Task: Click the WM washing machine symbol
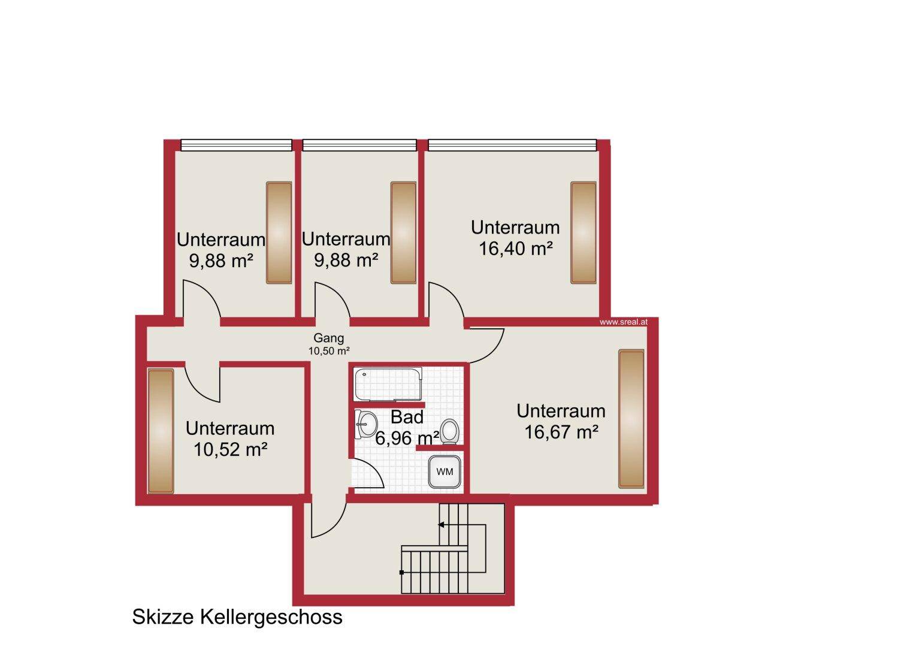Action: coord(445,471)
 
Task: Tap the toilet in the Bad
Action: coord(449,431)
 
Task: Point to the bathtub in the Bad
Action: coord(388,384)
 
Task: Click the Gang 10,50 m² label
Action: coord(329,344)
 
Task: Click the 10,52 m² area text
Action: coord(231,449)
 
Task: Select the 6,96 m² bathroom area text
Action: coord(407,438)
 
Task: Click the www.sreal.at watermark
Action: coord(624,322)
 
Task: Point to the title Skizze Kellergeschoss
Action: coord(237,616)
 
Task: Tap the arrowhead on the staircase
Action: coord(441,525)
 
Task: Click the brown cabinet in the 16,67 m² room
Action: coord(631,419)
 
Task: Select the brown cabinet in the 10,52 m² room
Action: coord(161,431)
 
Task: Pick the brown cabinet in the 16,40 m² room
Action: coord(583,233)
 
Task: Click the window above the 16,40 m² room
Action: coord(513,145)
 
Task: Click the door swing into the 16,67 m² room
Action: coord(497,352)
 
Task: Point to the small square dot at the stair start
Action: coord(401,573)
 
